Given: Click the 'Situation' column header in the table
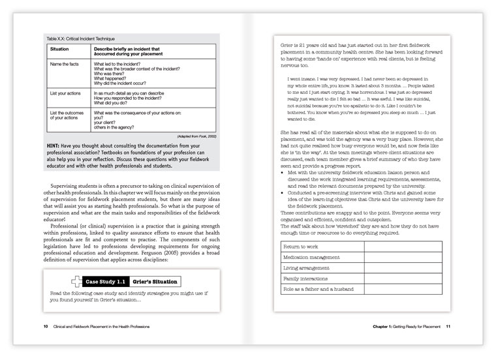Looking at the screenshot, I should tap(60, 49).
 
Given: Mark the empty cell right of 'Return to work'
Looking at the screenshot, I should tap(403, 247).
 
